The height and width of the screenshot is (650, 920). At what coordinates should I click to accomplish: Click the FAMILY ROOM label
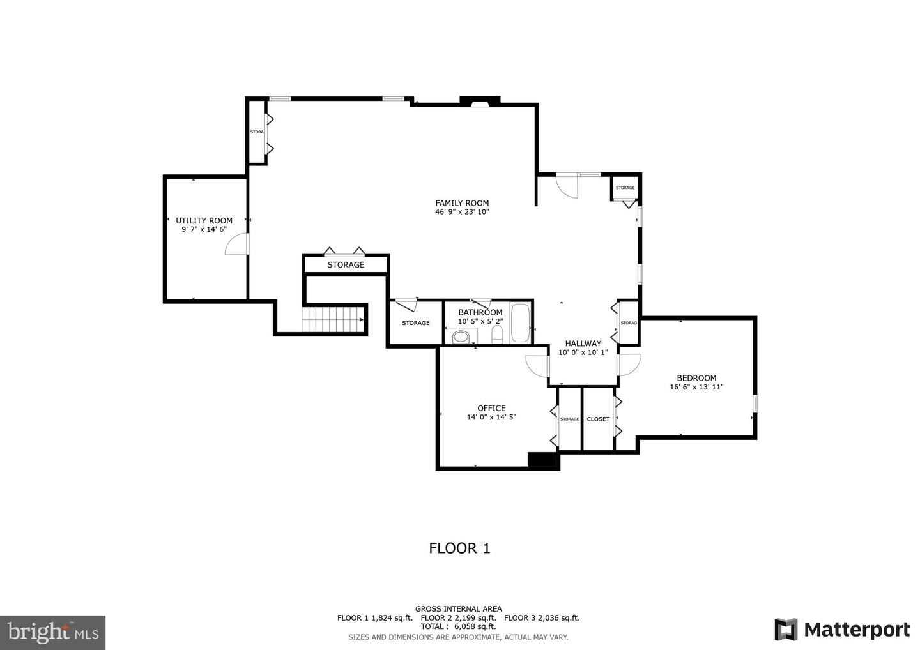coord(462,203)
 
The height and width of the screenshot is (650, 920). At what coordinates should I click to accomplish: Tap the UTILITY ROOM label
coord(204,220)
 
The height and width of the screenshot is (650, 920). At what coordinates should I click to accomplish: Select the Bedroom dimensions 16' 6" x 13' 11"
coord(696,387)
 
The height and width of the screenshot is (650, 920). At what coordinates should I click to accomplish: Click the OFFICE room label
coord(491,408)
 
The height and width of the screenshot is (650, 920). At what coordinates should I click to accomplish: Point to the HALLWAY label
coord(583,343)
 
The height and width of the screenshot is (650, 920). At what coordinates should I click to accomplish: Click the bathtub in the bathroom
coord(520,323)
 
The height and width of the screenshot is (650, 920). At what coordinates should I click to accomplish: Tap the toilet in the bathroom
coord(498,335)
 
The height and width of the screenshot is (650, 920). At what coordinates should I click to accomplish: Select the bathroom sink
coord(461,336)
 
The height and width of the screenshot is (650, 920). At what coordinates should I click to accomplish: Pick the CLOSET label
coord(598,419)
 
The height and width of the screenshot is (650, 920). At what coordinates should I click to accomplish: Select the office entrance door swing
coord(537,366)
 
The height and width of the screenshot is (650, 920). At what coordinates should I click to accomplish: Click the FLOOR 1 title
coord(459,548)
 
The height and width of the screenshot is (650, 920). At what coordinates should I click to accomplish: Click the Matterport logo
coord(842,630)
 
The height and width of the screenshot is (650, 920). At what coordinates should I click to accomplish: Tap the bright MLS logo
coord(53,632)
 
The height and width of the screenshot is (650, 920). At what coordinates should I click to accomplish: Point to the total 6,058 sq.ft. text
coord(458,626)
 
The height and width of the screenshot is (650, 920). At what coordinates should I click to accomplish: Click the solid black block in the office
coord(542,460)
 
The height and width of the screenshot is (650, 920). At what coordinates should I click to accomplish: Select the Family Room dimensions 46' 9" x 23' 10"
coord(462,212)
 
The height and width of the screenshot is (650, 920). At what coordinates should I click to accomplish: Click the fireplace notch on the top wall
coord(480,102)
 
